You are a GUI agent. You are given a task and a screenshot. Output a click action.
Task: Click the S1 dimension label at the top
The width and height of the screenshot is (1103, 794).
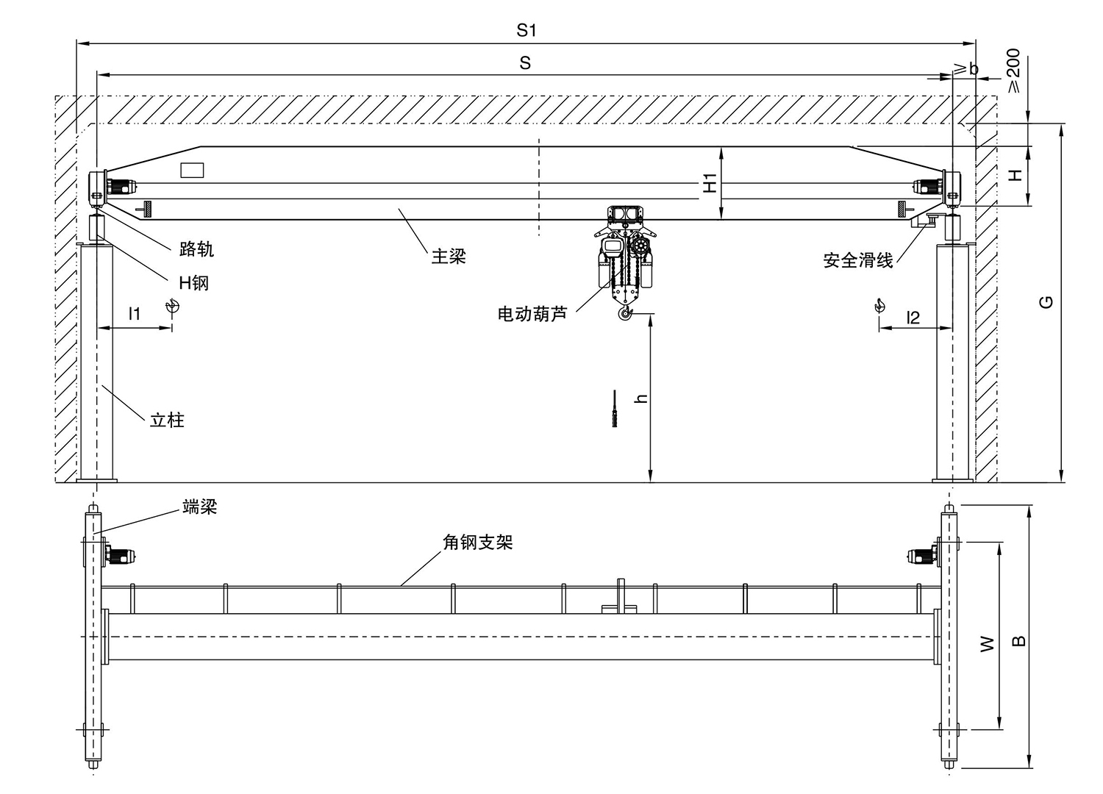point(526,30)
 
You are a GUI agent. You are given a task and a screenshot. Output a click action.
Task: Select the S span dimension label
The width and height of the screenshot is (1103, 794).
point(525,63)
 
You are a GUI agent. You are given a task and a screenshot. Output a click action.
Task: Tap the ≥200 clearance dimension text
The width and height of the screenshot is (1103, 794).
point(1013,71)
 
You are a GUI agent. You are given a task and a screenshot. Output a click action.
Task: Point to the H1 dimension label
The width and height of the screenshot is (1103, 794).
point(710,183)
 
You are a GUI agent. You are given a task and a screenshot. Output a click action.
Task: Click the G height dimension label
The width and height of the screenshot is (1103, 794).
point(1047,301)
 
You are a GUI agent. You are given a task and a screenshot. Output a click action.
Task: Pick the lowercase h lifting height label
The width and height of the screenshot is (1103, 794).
point(641,398)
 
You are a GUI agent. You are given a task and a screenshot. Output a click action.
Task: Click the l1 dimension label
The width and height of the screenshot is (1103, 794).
point(135,314)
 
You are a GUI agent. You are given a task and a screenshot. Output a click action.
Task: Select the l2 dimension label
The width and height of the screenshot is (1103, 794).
point(913,318)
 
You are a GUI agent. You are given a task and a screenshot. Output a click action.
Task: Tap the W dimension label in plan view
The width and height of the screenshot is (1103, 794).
point(988,644)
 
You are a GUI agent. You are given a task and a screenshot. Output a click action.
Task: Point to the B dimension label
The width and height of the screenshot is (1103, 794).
point(1018,641)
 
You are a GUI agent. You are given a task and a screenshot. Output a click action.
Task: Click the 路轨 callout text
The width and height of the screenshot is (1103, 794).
point(196,249)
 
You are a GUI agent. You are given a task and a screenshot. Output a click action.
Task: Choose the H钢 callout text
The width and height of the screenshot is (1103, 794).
point(193,282)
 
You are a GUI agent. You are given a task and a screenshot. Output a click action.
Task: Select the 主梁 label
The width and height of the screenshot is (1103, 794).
point(449,257)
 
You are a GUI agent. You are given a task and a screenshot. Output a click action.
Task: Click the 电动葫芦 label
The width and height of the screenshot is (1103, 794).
point(532,315)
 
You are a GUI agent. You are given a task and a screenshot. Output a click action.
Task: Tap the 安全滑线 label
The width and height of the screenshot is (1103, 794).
point(857,260)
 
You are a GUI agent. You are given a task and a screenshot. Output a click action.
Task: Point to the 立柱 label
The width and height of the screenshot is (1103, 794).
point(167,421)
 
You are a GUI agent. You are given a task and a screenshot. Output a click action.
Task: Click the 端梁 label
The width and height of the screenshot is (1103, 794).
point(199,507)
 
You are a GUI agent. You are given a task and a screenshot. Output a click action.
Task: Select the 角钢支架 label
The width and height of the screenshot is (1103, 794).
point(477,543)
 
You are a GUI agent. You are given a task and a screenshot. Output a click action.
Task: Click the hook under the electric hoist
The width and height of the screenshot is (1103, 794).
point(625,314)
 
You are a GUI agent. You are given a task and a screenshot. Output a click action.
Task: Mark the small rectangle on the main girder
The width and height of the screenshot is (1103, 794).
point(192,170)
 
